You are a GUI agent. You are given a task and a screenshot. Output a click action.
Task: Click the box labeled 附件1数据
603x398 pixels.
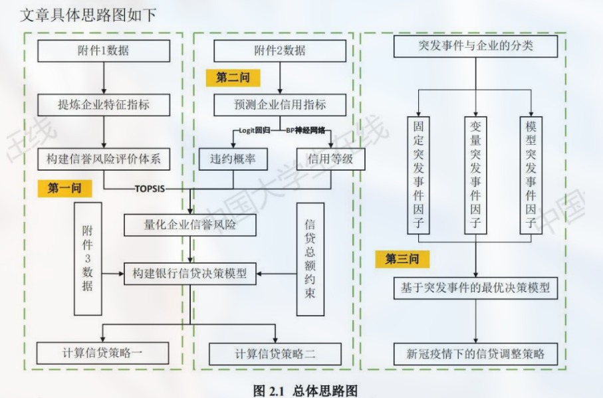click(x=103, y=51)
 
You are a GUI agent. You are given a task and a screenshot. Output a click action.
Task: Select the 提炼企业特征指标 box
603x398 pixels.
click(x=103, y=104)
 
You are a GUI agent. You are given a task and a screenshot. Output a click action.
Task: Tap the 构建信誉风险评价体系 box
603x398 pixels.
click(x=103, y=159)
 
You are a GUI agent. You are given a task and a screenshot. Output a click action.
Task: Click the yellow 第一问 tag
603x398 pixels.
click(x=69, y=188)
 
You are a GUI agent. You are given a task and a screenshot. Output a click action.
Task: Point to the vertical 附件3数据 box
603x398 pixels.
click(x=88, y=258)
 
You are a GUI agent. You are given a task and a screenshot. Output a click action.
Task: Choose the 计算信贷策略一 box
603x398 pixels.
click(x=103, y=353)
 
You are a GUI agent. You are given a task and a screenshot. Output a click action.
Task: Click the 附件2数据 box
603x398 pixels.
click(x=280, y=51)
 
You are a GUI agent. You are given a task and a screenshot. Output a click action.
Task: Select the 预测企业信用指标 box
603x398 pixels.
click(x=280, y=104)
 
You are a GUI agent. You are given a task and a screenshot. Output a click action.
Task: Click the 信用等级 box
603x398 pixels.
click(x=330, y=159)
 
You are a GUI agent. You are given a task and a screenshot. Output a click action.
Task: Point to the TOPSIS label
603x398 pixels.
click(x=150, y=189)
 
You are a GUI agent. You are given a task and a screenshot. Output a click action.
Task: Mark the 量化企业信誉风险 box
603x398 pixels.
click(x=189, y=226)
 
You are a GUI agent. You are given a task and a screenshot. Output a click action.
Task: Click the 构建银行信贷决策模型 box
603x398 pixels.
click(x=189, y=272)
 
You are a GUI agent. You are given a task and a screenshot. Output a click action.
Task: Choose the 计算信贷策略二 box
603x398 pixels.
click(x=275, y=353)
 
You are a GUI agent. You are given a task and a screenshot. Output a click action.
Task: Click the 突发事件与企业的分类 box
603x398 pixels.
click(x=476, y=47)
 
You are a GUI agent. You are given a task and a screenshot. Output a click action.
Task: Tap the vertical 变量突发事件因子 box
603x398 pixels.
click(x=475, y=175)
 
